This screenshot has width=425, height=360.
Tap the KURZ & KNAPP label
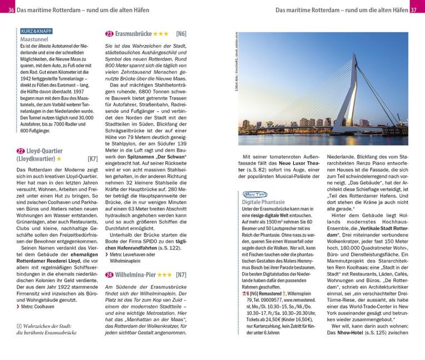coord(36,31)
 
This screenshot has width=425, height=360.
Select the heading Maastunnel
coord(34,40)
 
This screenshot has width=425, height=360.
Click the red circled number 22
coord(21,151)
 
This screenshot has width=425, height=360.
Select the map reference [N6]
coord(181,34)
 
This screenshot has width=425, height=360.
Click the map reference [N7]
coord(181,274)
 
